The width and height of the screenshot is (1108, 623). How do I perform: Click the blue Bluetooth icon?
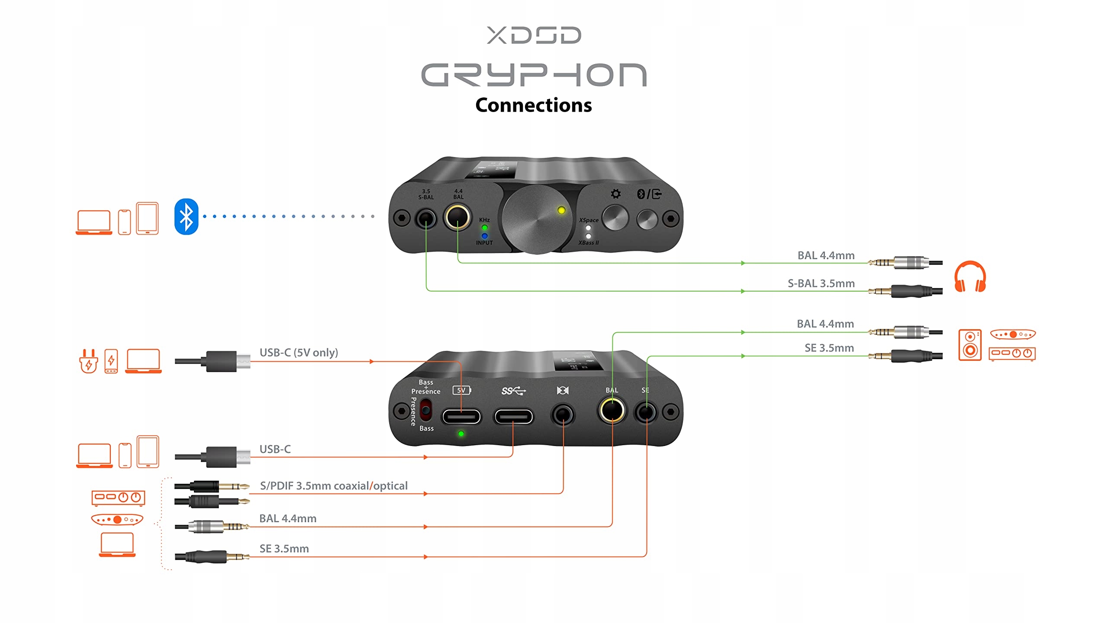(186, 217)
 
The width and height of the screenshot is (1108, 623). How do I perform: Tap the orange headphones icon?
(970, 277)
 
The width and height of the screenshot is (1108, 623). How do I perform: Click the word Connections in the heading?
(533, 105)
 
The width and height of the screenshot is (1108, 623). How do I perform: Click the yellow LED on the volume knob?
(561, 210)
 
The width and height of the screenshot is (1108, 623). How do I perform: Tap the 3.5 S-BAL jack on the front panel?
(426, 218)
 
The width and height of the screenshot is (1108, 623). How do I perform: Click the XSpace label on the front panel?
(589, 220)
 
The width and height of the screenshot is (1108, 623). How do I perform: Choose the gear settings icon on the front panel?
(615, 194)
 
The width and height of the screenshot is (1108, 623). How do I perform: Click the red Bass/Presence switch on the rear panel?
(426, 410)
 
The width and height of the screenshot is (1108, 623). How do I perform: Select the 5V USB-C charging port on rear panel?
(461, 417)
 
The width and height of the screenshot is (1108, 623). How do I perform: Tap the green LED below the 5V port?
(461, 434)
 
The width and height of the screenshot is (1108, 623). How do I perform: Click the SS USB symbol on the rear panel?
(513, 391)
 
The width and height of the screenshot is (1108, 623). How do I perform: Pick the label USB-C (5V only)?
(299, 353)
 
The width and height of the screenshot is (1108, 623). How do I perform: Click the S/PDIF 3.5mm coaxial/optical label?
(333, 486)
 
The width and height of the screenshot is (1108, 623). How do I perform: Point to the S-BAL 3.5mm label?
(821, 284)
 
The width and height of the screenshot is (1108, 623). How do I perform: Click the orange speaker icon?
(969, 345)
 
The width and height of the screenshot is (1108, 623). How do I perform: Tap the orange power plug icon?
(89, 361)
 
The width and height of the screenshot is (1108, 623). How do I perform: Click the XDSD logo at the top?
(534, 35)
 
